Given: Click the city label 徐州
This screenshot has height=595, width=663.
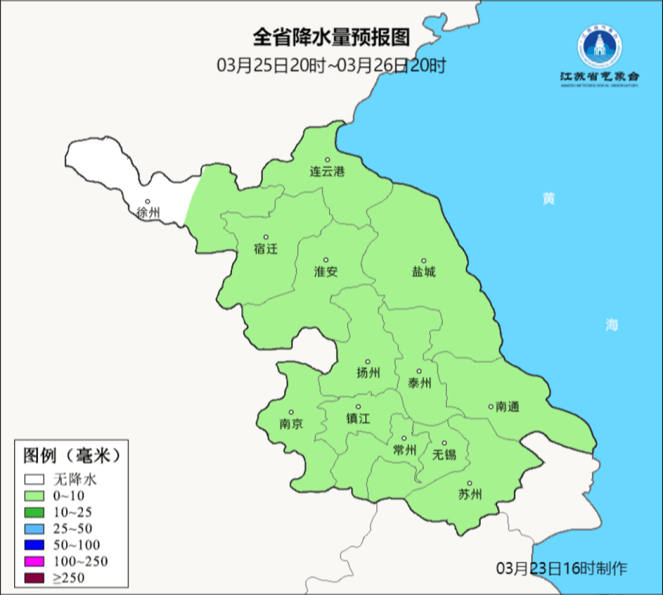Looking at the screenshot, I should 148,213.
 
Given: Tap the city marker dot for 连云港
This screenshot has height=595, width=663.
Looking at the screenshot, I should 327,160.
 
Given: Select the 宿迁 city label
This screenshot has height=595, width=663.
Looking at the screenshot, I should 266,249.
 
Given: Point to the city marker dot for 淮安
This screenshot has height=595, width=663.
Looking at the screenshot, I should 326,260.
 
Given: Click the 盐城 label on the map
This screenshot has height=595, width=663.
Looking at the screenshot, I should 424,271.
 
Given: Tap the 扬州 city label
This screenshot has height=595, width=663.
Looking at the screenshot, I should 368,373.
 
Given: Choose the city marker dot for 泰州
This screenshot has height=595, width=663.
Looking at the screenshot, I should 419,371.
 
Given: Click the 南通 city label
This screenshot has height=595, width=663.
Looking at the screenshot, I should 508,406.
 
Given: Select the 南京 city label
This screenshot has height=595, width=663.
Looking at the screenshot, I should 291,424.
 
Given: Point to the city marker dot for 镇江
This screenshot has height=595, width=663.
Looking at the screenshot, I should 359,406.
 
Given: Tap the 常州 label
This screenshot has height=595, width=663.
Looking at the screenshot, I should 405,450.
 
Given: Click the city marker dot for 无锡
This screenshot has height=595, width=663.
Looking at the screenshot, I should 444,443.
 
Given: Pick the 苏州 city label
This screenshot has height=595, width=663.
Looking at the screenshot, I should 470,494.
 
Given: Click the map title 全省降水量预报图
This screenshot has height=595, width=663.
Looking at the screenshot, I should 331,37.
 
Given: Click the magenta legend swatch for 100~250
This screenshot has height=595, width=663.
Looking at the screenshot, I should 34,561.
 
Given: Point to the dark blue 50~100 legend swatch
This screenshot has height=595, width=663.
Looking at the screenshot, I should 34,545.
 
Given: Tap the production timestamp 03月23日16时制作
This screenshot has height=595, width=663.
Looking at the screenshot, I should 562,568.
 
